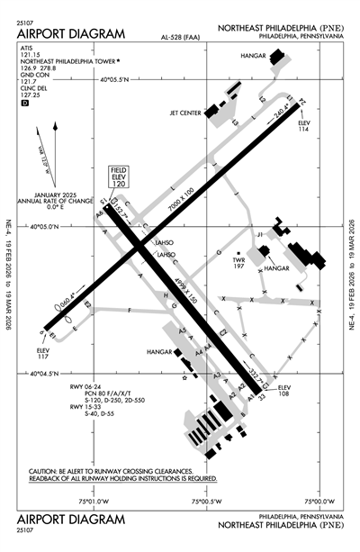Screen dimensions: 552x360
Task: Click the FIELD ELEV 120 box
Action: point(119,176)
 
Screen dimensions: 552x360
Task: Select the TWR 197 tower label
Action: point(238,263)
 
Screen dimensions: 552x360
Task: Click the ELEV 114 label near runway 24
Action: point(303,127)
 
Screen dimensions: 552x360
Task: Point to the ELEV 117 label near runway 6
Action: point(43,353)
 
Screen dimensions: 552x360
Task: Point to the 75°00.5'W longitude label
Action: point(207,501)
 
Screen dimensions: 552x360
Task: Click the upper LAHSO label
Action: point(163,243)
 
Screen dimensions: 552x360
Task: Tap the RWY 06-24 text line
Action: point(89,387)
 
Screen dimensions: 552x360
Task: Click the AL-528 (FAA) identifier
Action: point(179,39)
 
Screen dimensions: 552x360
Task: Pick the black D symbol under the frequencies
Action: point(24,104)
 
